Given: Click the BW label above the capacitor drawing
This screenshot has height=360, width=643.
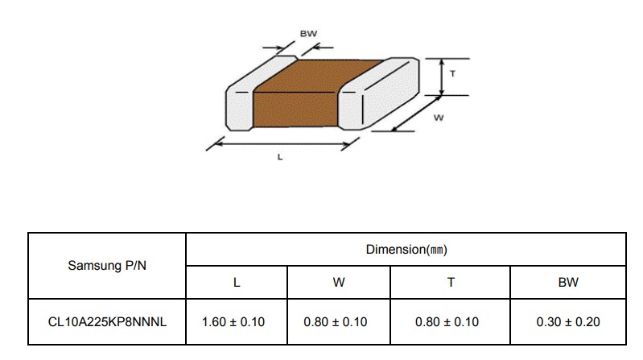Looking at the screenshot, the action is [x=308, y=34].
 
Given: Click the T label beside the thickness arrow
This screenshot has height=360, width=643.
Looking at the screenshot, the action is [x=452, y=74].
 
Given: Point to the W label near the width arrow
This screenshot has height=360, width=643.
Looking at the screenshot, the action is [x=439, y=118].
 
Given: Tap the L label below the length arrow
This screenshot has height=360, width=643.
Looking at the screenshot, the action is [x=280, y=157].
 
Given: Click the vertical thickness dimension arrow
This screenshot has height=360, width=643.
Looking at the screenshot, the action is [x=442, y=77].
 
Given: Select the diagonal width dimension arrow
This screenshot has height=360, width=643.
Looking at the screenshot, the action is [x=416, y=114].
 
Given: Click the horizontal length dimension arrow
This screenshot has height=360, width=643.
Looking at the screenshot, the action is [x=282, y=144].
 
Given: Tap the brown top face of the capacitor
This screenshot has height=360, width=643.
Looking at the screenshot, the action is [x=318, y=77].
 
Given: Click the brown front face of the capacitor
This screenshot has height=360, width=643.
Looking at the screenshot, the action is [x=295, y=110].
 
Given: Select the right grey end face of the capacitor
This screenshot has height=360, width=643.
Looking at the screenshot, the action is [x=390, y=93].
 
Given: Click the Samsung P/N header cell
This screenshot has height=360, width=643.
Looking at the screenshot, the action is [x=107, y=266].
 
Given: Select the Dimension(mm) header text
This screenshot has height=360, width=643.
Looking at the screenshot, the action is [x=406, y=250].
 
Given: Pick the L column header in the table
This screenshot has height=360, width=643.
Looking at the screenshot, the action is [x=237, y=283].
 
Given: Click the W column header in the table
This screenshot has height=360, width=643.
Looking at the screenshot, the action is [x=339, y=283].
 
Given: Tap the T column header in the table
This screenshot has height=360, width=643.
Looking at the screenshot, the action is [x=451, y=283].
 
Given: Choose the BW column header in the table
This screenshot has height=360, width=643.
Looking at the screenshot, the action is [x=568, y=283].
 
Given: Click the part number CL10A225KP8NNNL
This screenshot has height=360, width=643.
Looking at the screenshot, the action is [x=107, y=322].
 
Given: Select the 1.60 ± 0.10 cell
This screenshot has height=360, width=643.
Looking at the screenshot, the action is [x=233, y=322].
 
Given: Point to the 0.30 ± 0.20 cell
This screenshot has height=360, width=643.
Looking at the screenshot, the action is [x=568, y=322].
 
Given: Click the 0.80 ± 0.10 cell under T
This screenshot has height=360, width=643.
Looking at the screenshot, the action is [x=447, y=322].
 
